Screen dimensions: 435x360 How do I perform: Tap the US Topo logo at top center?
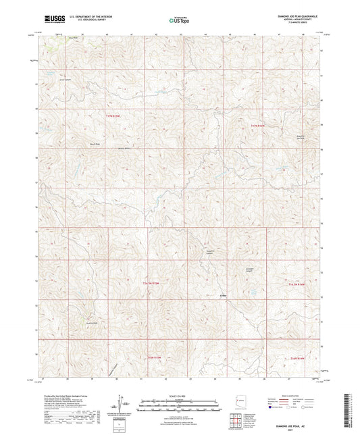179,20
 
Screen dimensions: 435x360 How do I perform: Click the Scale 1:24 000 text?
179,395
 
